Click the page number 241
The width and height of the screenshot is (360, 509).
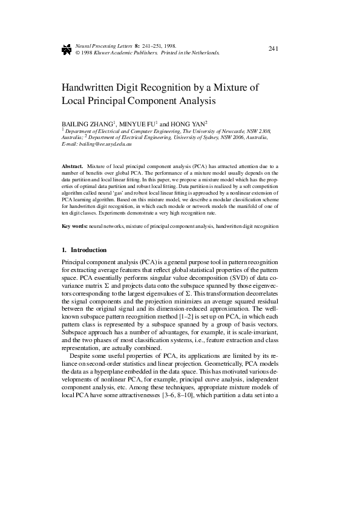pos(272,48)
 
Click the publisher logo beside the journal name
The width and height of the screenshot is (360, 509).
pos(67,49)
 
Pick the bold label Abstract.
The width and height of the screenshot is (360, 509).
pos(73,165)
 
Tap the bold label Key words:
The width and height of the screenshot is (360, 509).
pos(75,226)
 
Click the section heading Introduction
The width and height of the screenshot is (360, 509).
pos(88,250)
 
